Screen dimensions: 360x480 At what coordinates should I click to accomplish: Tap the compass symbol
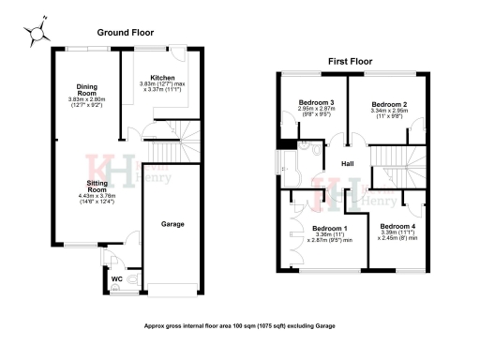click(37, 32)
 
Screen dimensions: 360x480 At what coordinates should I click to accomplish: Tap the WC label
click(117, 278)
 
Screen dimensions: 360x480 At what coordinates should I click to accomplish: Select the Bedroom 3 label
click(317, 102)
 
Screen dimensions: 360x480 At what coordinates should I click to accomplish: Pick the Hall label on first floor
click(347, 163)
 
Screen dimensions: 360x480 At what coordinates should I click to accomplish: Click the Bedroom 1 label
click(329, 228)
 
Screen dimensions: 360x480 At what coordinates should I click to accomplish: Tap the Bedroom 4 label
click(397, 227)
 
